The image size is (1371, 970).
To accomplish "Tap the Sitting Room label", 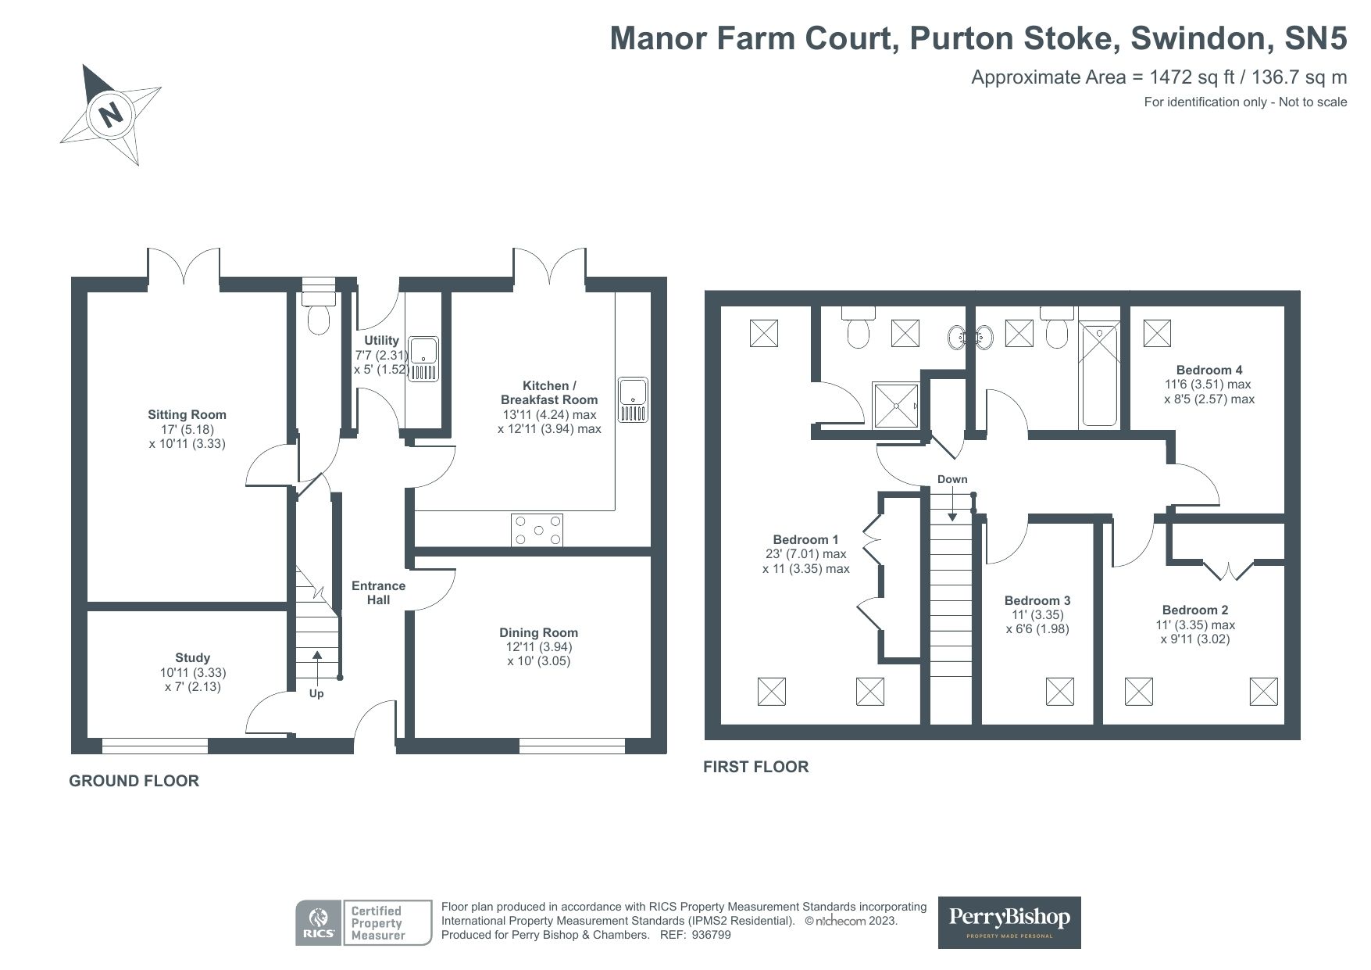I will pos(187,415).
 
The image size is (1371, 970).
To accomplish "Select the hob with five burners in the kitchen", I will pos(537,530).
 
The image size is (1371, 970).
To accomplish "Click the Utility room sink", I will pos(424,359).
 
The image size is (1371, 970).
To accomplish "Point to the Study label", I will pos(192,658).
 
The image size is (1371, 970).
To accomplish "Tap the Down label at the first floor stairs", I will pos(952,479).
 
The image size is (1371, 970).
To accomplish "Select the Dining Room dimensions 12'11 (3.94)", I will pos(538,647).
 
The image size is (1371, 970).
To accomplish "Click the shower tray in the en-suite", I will pos(897,406).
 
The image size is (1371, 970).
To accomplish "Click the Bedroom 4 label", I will pos(1209,370).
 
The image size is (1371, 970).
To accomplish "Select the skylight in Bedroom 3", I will pos(1059,691).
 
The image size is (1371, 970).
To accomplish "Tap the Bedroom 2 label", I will pos(1194,610).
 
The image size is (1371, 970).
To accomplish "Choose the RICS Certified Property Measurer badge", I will pos(363,923).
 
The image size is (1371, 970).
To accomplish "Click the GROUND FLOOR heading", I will pos(134,781).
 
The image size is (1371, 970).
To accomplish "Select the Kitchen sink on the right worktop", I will pos(632,399).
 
